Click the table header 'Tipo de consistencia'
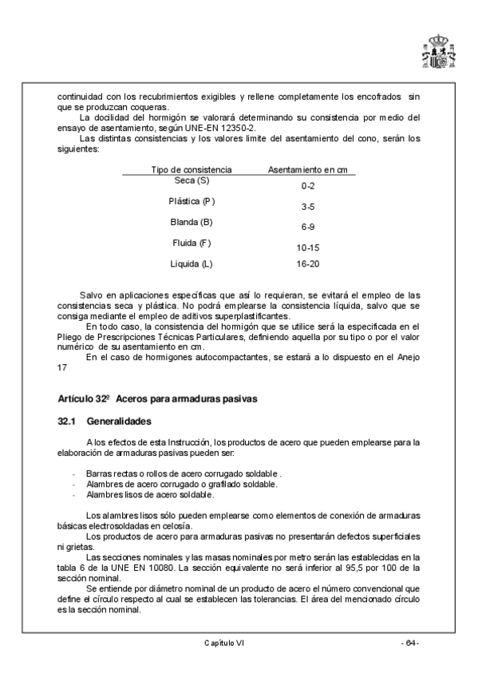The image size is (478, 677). point(192,170)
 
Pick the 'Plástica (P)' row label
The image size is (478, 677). point(192,200)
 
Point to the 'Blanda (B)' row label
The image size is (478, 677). point(192,221)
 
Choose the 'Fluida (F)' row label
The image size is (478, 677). point(192,242)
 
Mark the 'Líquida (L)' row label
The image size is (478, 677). point(192,263)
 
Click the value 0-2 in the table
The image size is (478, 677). point(307,185)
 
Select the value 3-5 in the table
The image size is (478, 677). point(307,206)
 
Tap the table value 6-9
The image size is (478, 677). point(307,227)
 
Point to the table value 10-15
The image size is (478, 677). point(307,247)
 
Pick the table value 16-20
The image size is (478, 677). point(307,263)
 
